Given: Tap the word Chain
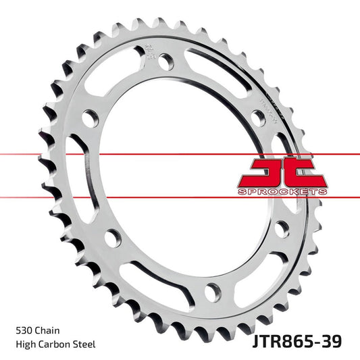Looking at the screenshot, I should tap(49, 331).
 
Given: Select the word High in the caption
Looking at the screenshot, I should tap(26, 344).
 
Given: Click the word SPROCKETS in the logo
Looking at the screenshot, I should tap(282, 192).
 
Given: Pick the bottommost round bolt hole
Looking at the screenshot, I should tap(212, 292).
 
